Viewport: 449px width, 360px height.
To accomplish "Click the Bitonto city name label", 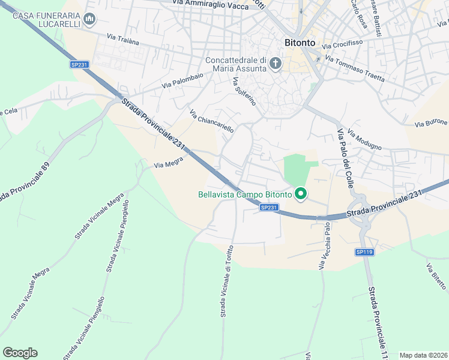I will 299,43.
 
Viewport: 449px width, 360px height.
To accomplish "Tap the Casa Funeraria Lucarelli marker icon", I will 90,20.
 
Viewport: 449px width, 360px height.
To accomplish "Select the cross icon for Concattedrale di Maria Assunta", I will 276,64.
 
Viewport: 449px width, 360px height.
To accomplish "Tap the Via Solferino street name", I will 244,91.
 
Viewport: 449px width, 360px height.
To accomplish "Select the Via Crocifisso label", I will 342,44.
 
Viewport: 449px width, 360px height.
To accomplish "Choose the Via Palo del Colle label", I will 345,158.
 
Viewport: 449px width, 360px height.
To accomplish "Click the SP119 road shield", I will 365,252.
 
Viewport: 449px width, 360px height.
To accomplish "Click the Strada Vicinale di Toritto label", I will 226,281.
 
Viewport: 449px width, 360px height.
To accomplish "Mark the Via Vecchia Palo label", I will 324,246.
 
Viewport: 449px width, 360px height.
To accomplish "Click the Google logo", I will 20,353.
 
